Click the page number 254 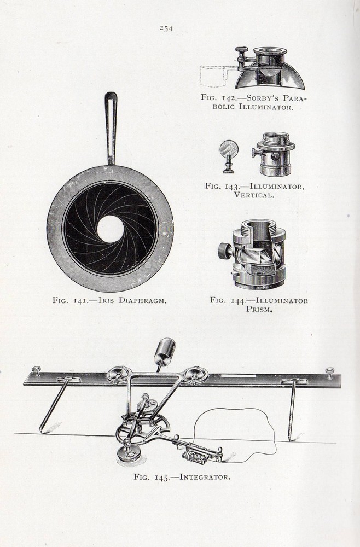(x=166, y=28)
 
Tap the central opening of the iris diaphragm (x=111, y=229)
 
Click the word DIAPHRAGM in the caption (x=141, y=300)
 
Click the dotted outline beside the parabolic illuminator (x=214, y=75)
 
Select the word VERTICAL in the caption (x=256, y=195)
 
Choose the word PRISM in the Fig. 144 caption (x=259, y=309)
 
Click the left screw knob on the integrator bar (x=37, y=371)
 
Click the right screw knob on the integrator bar (x=329, y=372)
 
